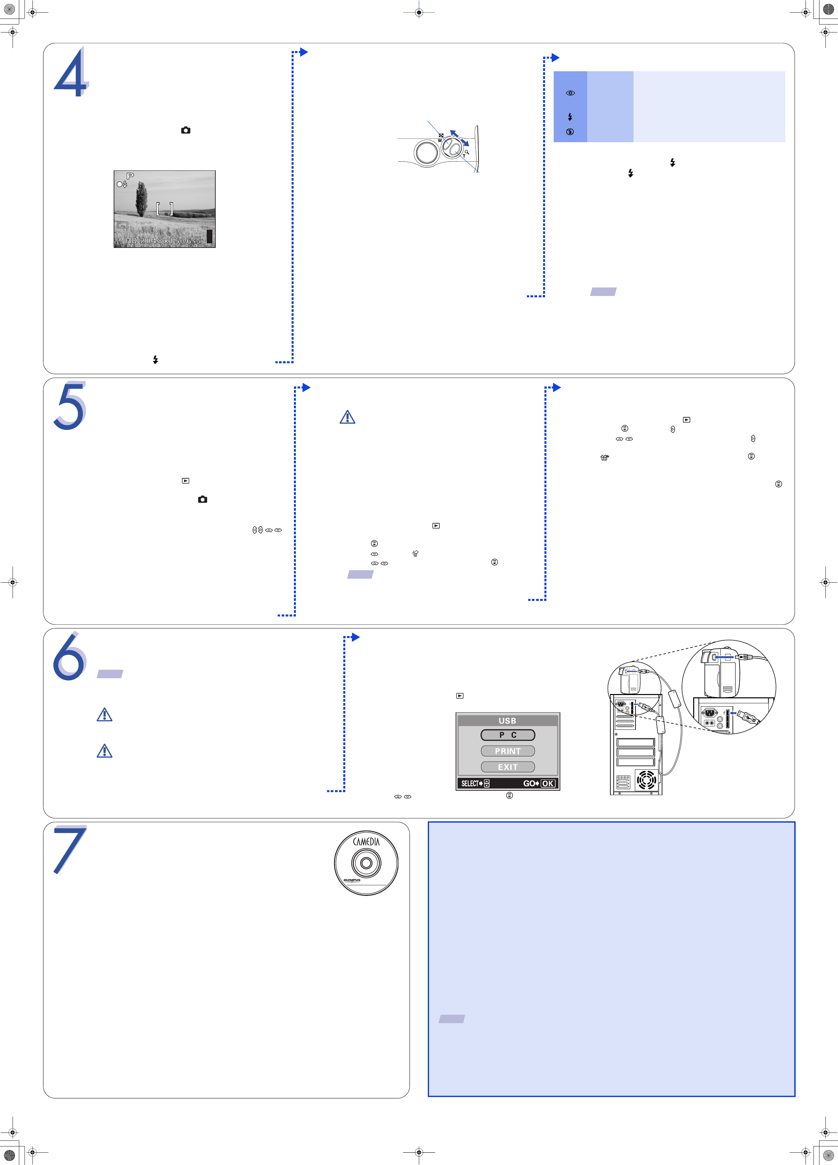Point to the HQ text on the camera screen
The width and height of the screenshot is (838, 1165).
pos(132,240)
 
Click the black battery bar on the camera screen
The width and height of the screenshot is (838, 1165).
pos(209,236)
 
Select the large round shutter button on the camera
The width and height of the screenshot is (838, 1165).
pos(426,152)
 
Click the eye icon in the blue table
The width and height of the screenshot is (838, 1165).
pos(570,93)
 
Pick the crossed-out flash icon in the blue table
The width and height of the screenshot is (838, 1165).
pos(570,132)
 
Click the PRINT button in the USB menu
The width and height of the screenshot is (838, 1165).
pos(508,751)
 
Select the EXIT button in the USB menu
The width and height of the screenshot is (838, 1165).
pos(508,767)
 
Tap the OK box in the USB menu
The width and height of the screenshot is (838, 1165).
pos(548,783)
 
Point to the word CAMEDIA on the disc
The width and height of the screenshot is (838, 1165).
pos(366,842)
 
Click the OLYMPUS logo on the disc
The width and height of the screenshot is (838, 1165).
pos(352,880)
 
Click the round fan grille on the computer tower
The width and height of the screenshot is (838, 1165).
pos(646,780)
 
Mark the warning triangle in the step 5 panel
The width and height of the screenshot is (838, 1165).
pos(348,417)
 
